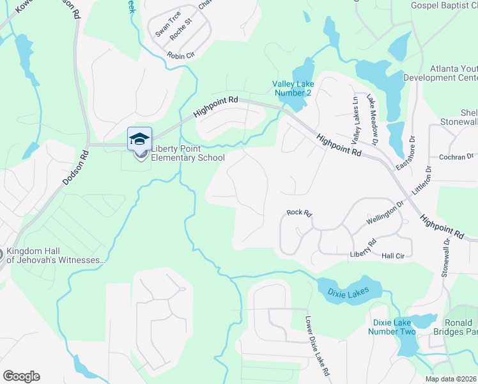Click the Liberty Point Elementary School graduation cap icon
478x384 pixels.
click(139, 138)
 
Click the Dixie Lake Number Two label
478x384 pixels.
click(392, 326)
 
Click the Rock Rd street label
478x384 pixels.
click(298, 212)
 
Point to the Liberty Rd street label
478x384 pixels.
click(362, 248)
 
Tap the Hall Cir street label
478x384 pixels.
click(393, 255)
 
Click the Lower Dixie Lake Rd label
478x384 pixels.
click(317, 346)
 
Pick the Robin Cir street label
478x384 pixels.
click(181, 56)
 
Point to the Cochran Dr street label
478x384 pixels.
click(456, 156)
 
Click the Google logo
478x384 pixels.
click(21, 376)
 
